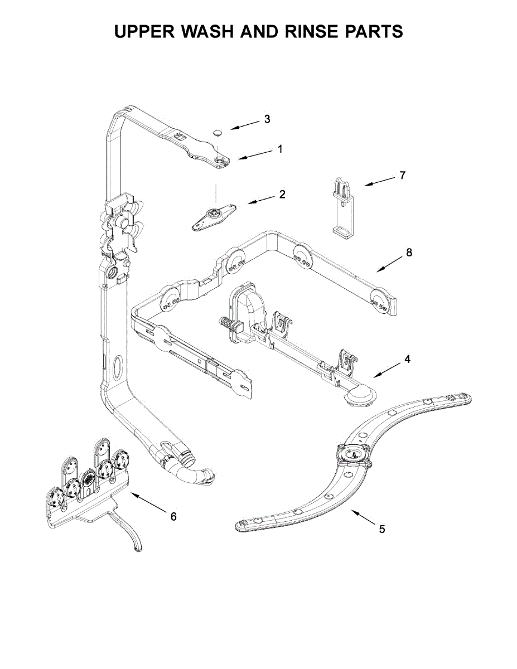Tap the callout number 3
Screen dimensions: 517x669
pos(267,119)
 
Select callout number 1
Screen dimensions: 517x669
pos(280,149)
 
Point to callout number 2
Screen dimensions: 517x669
pos(282,194)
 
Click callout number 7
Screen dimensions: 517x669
pos(402,175)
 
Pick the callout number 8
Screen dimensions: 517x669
pos(409,252)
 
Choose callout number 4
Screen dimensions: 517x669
pos(407,359)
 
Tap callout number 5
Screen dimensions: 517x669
pos(381,529)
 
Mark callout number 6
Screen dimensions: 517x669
pos(173,517)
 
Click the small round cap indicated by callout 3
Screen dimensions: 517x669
pos(218,133)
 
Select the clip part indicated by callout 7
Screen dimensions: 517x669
pos(342,206)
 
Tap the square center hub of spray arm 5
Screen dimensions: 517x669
pos(352,454)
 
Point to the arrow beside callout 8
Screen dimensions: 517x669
pos(388,264)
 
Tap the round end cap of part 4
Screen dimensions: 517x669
pos(360,395)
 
